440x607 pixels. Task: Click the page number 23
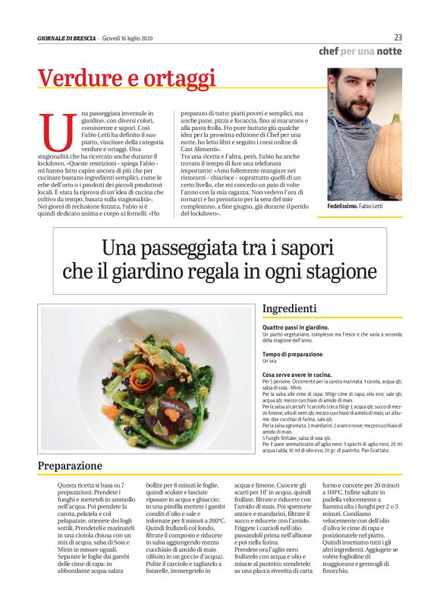click(398, 37)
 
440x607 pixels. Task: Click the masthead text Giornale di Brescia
click(67, 38)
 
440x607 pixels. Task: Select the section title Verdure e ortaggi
click(127, 79)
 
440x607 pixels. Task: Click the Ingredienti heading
click(289, 308)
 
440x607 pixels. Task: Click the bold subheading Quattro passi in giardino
click(295, 327)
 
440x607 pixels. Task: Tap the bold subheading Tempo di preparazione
click(293, 355)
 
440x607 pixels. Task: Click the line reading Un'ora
click(271, 362)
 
